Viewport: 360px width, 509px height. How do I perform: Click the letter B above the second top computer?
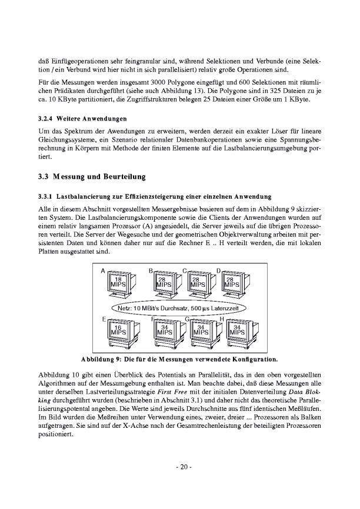pos(151,270)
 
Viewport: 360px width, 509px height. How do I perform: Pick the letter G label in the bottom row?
pos(188,319)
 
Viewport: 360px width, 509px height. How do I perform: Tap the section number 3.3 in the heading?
pos(42,176)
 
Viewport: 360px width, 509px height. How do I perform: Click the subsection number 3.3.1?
pos(45,196)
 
